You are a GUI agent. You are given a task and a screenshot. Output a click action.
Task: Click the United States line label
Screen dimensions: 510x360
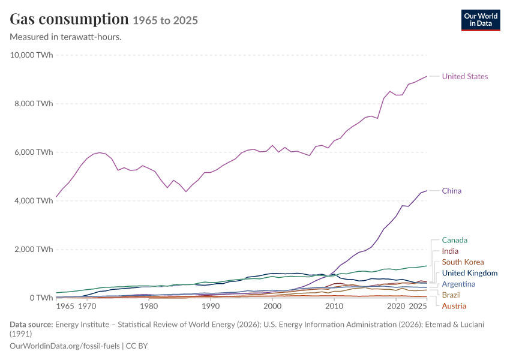[x=465, y=76]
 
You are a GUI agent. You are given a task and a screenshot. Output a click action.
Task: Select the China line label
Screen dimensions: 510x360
[x=451, y=191]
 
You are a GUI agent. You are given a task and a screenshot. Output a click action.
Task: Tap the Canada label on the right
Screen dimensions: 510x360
[x=454, y=241]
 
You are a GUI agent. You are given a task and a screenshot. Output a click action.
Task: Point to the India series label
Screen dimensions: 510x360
[x=450, y=251]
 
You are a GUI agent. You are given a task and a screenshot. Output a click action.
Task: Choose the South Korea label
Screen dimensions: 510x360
[x=463, y=262]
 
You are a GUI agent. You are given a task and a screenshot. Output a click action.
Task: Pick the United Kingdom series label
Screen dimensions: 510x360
[x=470, y=273]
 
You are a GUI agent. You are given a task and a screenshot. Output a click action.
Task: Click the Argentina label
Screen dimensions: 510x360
[x=458, y=284]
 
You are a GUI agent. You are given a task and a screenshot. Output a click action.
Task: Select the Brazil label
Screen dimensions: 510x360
[x=451, y=295]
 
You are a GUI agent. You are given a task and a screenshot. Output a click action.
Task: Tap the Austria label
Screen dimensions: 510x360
[x=454, y=306]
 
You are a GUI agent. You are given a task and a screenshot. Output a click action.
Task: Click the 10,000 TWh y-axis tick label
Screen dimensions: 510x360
[x=32, y=55]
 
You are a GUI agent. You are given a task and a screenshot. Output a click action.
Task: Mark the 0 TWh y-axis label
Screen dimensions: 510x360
[x=41, y=298]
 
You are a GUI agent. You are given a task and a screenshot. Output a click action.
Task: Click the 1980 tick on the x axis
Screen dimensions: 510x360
[x=149, y=307]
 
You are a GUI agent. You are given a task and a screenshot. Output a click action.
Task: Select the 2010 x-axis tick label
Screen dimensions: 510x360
[x=334, y=307]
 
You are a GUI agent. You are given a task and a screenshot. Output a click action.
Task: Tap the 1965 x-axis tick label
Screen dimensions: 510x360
[x=65, y=307]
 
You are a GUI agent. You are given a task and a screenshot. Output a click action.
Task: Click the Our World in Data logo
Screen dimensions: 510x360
[x=481, y=20]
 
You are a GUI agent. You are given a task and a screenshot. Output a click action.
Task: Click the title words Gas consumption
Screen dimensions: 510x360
[x=69, y=19]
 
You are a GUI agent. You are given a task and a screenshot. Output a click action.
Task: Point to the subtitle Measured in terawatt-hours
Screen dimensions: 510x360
[x=66, y=37]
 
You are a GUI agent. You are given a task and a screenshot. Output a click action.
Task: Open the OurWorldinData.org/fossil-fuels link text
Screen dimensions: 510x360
[x=65, y=346]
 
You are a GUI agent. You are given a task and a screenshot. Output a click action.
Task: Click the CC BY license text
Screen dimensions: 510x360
[x=137, y=346]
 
